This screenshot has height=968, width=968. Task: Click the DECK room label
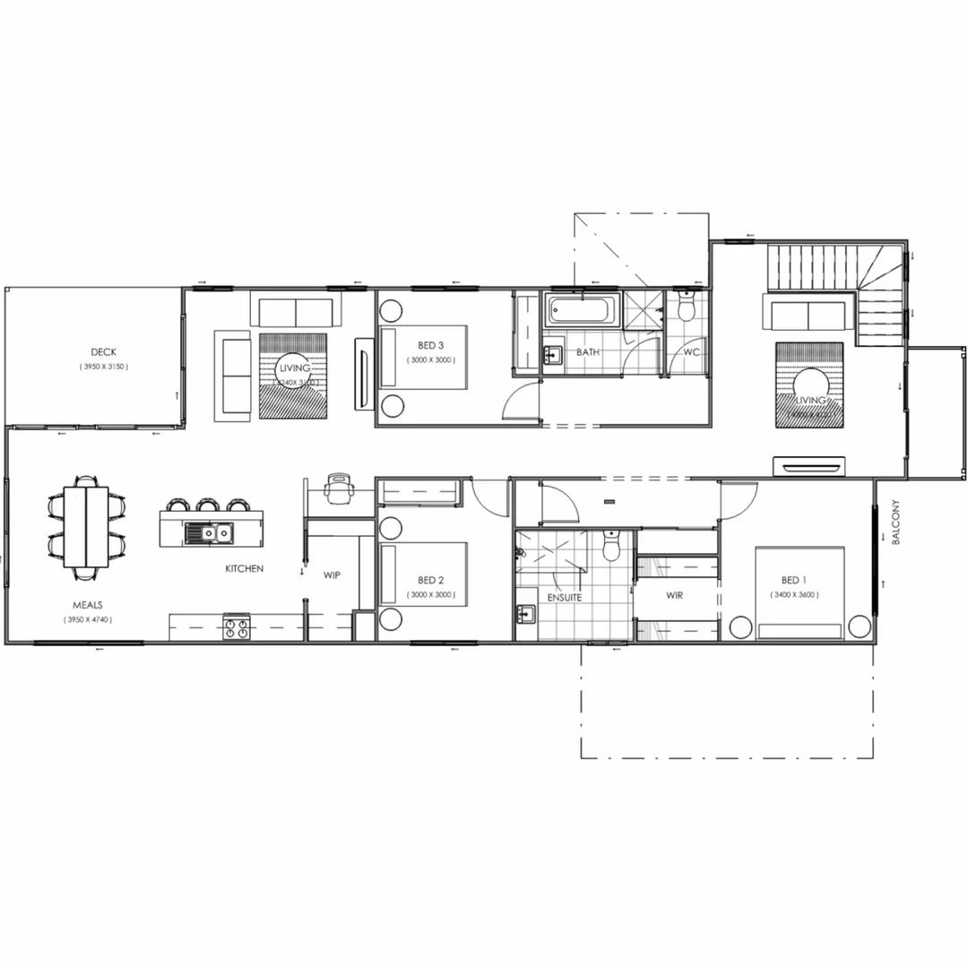[x=103, y=352]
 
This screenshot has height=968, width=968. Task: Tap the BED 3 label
[x=430, y=345]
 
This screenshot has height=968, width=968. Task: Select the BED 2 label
[x=430, y=580]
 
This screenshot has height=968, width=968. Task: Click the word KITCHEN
[x=244, y=568]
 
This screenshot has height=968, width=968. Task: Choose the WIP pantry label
[x=332, y=575]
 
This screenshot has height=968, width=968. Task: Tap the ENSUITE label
[x=564, y=597]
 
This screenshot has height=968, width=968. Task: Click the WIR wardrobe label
[x=675, y=595]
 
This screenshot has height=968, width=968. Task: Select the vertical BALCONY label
[x=895, y=523]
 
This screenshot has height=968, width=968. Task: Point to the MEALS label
[x=87, y=605]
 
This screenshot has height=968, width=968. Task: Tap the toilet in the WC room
[x=687, y=307]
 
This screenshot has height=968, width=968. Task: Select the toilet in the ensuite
[x=611, y=545]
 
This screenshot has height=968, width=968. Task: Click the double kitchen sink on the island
[x=208, y=533]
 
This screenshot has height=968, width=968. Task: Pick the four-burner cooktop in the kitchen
[x=237, y=628]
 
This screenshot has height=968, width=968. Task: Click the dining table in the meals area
[x=86, y=526]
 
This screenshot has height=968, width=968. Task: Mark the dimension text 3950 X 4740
[x=88, y=619]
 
